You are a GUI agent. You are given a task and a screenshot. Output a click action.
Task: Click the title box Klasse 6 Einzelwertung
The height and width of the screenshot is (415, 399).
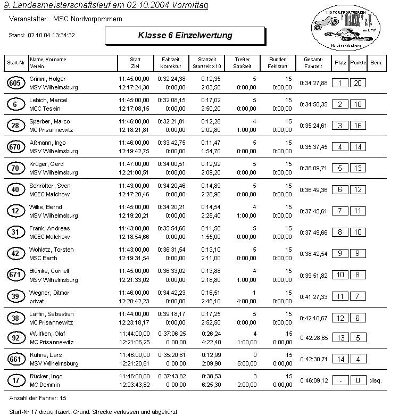(x=185, y=36)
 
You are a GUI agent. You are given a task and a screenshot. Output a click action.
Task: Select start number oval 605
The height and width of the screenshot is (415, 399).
(x=15, y=83)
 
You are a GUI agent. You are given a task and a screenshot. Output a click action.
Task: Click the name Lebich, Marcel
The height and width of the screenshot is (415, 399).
(x=48, y=100)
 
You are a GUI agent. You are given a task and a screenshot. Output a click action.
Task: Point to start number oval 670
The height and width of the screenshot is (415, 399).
(x=15, y=147)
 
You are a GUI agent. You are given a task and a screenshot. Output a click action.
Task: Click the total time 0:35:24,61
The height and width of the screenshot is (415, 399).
(x=313, y=126)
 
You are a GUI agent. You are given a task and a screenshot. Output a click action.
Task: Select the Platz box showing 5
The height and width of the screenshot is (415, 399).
(x=340, y=168)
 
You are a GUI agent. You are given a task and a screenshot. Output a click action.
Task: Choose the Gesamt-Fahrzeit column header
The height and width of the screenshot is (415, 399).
(x=313, y=63)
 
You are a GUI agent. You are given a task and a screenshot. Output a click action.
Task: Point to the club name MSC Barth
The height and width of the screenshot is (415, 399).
(x=44, y=258)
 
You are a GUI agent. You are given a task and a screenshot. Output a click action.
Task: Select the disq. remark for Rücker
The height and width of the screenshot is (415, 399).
(x=376, y=380)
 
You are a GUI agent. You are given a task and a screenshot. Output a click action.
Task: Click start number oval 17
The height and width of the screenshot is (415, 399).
(x=15, y=381)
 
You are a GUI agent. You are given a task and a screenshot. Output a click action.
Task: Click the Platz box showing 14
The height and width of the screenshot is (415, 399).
(x=340, y=360)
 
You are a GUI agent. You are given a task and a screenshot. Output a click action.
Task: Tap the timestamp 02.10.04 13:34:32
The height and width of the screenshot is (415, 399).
(x=51, y=35)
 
